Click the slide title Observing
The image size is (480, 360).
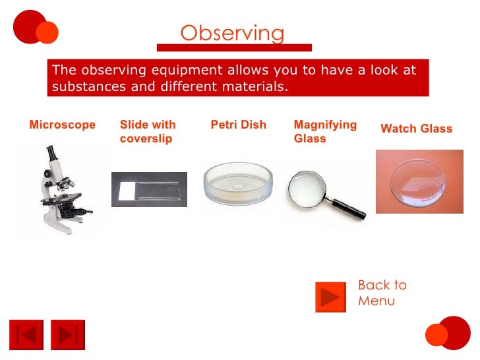[x=233, y=33]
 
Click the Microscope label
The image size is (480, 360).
[x=62, y=125]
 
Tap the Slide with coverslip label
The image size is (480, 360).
[x=148, y=132]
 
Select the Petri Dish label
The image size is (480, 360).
[x=238, y=125]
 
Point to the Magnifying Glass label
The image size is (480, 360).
[x=325, y=132]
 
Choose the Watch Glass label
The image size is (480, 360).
[x=416, y=129]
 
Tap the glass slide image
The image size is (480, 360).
[x=149, y=189]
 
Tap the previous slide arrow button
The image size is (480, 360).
[x=26, y=335]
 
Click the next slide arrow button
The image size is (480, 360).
[x=68, y=335]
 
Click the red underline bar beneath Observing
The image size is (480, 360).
[x=233, y=47]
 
